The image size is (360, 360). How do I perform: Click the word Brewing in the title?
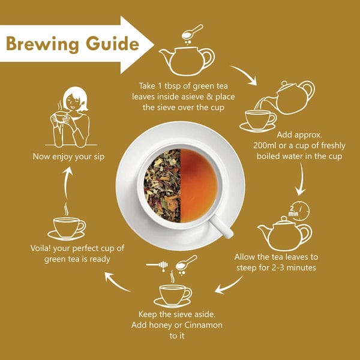[43, 44]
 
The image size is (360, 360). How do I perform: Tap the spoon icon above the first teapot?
[192, 32]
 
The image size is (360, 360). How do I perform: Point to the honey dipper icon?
[157, 265]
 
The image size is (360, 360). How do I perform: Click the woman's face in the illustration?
[73, 101]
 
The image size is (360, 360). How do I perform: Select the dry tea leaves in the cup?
[163, 185]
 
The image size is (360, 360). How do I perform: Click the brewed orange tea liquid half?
[199, 185]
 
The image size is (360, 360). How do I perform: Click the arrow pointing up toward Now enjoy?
[67, 182]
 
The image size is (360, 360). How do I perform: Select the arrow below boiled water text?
[301, 179]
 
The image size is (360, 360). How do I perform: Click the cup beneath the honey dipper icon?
[173, 295]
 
